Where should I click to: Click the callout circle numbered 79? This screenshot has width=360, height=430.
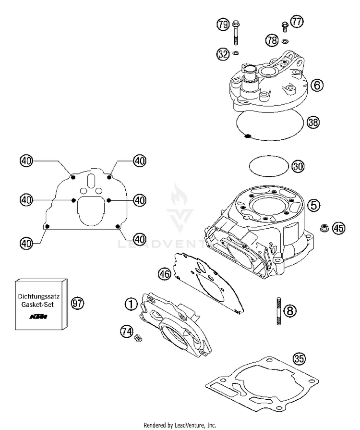pos(223,25)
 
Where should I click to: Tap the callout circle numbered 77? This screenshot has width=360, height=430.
pos(297,22)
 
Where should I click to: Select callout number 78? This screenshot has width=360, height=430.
pos(272,41)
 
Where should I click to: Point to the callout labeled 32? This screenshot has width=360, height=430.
pos(222,54)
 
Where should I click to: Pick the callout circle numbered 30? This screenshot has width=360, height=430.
pos(298,166)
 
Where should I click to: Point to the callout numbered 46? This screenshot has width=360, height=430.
pos(165,274)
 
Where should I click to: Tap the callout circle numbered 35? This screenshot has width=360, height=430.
pos(300,358)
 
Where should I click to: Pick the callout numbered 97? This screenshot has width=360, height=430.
pos(77,303)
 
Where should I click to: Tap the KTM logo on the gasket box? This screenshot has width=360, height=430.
pos(39,317)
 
